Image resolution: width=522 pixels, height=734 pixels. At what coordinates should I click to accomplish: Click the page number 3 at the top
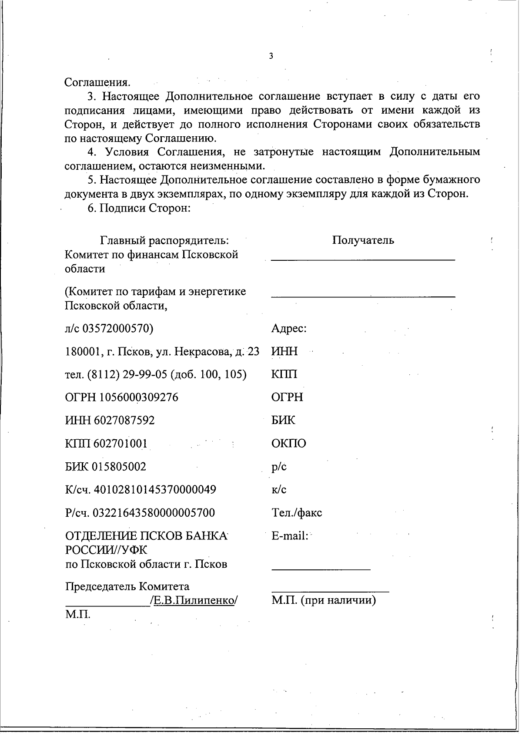[271, 56]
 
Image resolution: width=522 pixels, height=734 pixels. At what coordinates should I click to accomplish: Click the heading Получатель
[363, 240]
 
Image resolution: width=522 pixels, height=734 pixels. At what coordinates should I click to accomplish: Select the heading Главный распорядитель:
[165, 240]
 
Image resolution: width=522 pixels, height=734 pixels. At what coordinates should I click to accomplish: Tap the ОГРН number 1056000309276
[139, 397]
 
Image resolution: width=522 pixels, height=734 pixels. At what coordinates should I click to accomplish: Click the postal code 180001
[83, 351]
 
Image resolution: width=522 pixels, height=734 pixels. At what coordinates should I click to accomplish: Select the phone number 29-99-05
[145, 374]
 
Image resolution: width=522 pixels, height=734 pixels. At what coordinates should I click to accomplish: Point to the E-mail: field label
[289, 536]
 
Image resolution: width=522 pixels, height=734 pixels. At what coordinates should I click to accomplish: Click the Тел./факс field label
[297, 513]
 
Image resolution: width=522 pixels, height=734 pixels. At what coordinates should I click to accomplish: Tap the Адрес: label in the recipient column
[289, 328]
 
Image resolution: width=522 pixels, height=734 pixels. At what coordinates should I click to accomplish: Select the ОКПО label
[288, 444]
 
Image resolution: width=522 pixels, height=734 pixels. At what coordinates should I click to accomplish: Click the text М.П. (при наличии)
[324, 601]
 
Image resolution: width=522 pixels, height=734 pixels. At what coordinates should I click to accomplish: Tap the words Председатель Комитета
[127, 586]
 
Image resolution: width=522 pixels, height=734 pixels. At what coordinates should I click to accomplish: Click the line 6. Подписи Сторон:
[140, 208]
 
